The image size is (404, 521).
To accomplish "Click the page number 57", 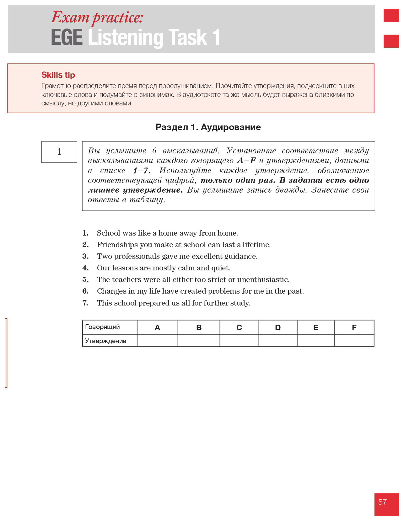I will coord(382,502).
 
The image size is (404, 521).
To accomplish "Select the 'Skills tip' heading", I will coord(58,75).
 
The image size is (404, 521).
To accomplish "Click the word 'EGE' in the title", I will coord(67,38).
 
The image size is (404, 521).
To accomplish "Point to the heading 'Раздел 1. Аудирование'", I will coord(208,127).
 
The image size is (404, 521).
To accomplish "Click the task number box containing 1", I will coord(59,152).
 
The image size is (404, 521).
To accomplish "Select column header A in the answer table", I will coord(157,327).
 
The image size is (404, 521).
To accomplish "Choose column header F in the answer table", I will coord(354,327).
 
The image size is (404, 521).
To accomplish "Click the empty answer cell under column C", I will coord(239,341).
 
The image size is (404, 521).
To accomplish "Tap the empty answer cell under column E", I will coord(315,341).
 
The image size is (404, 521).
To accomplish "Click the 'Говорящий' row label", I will coord(102,327).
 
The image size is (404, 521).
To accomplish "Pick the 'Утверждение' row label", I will coord(105,341).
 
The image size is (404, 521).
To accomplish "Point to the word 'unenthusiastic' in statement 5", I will coord(263,279).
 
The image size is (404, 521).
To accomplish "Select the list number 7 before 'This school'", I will coord(85,303).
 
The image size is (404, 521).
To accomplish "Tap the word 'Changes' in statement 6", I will coord(111,291).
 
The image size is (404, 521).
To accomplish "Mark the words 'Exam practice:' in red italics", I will coord(97,18).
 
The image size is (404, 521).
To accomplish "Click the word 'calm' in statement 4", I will coord(186,268).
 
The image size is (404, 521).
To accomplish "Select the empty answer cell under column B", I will coord(199,341).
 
